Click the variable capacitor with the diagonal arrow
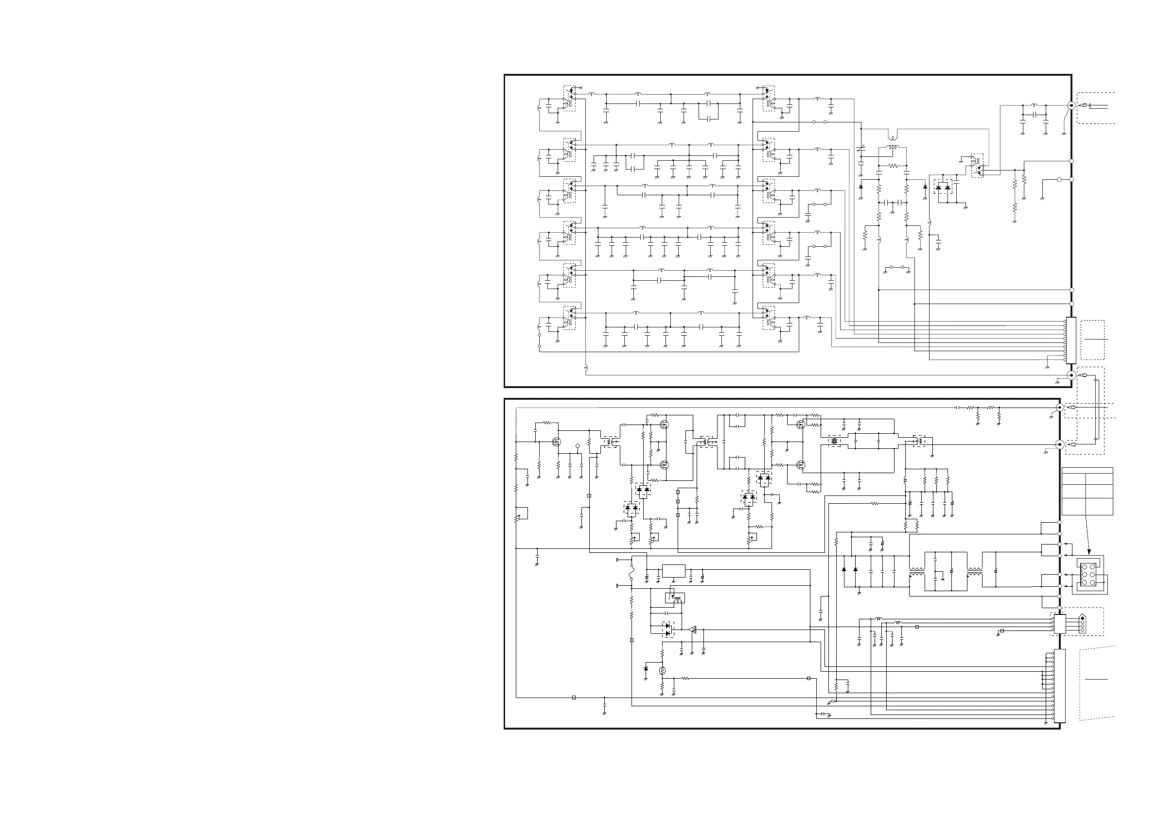(x=861, y=150)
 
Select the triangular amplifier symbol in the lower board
(x=692, y=630)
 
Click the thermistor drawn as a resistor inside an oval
(x=662, y=670)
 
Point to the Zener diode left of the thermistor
(x=646, y=669)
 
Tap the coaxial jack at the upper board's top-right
(x=1071, y=105)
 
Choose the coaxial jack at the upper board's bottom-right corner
(x=1071, y=375)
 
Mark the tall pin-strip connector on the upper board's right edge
(x=1071, y=340)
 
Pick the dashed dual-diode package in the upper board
(x=943, y=187)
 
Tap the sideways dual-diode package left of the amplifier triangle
(x=668, y=630)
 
